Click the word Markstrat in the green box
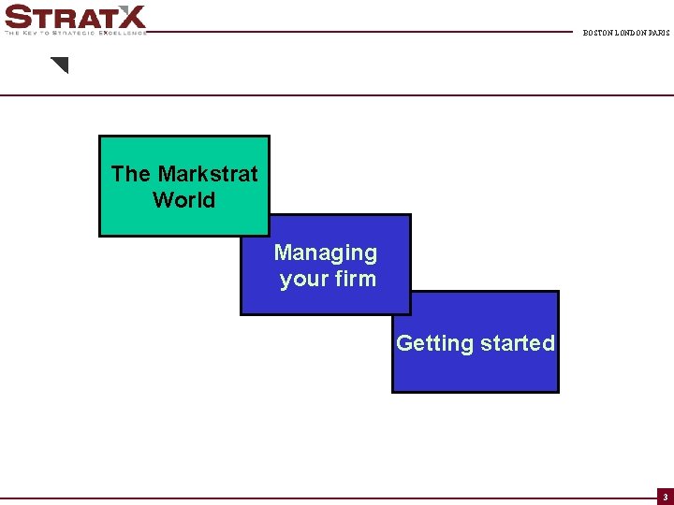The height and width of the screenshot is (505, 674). tap(208, 174)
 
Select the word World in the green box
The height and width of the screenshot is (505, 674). tap(183, 200)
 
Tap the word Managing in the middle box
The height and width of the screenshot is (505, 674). tap(326, 252)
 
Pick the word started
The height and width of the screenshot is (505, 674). tap(517, 343)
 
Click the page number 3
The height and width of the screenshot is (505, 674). tap(665, 497)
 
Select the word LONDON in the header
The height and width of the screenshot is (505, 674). tap(632, 33)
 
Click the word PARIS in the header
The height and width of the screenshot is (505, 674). tap(659, 33)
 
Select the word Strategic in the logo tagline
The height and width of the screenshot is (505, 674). tap(75, 32)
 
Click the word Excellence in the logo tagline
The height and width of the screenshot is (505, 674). tap(124, 32)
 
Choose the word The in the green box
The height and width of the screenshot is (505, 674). tap(130, 174)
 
